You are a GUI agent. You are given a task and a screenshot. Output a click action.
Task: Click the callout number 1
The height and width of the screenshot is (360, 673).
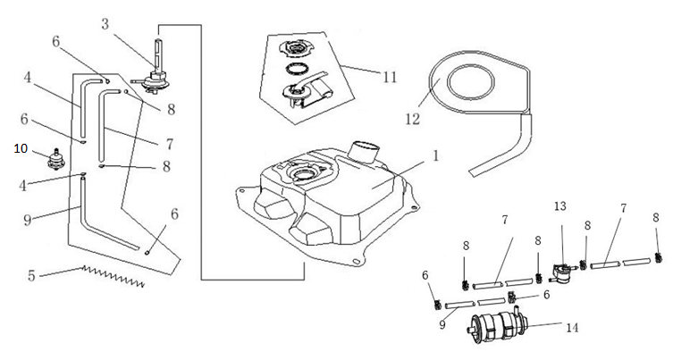click(x=434, y=154)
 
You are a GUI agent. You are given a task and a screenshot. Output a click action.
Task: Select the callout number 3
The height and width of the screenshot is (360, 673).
click(x=105, y=24)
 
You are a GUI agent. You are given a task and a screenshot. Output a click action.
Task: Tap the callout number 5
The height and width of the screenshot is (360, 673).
click(x=32, y=275)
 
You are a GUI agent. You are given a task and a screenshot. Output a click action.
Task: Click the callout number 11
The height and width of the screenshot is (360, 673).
click(x=390, y=78)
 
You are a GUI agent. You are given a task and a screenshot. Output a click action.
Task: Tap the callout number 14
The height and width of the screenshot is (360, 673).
click(x=571, y=328)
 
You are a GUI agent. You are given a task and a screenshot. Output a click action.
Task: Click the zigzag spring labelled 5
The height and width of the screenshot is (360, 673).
click(x=112, y=276)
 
